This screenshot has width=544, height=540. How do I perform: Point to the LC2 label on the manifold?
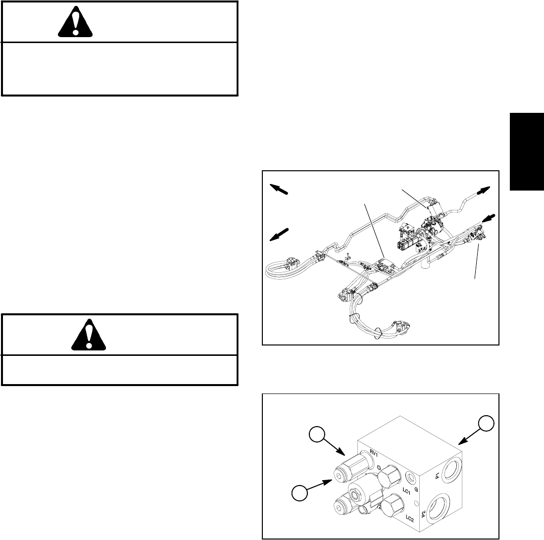(408, 519)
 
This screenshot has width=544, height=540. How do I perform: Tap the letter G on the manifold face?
(417, 490)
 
